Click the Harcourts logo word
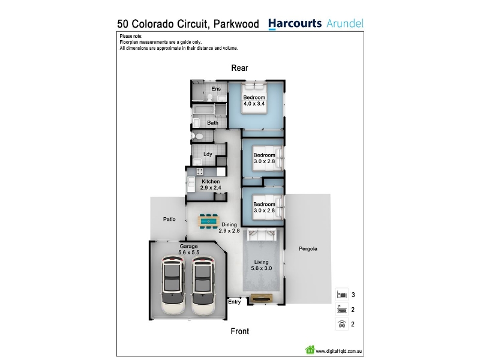(295, 24)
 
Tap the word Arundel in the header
(345, 24)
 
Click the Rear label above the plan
(239, 68)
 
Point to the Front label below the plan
(239, 331)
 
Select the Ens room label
(216, 89)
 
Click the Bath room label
(213, 123)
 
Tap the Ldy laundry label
(208, 154)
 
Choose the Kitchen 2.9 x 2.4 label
(210, 184)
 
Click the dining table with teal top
(209, 221)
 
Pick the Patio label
(170, 220)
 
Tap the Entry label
(234, 302)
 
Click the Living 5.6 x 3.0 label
(262, 265)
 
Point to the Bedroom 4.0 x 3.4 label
(254, 100)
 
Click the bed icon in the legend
(341, 295)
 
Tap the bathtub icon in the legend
(341, 310)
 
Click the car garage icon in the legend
(341, 325)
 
